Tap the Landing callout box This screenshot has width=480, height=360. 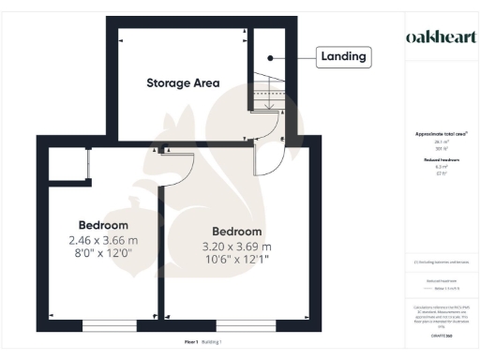(x=343, y=57)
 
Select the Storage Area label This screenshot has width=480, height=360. (x=183, y=82)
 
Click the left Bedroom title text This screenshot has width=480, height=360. (x=103, y=226)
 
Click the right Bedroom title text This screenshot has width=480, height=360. (x=238, y=232)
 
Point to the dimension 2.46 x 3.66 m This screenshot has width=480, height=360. (x=103, y=240)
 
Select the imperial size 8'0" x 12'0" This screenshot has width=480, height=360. (x=103, y=253)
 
